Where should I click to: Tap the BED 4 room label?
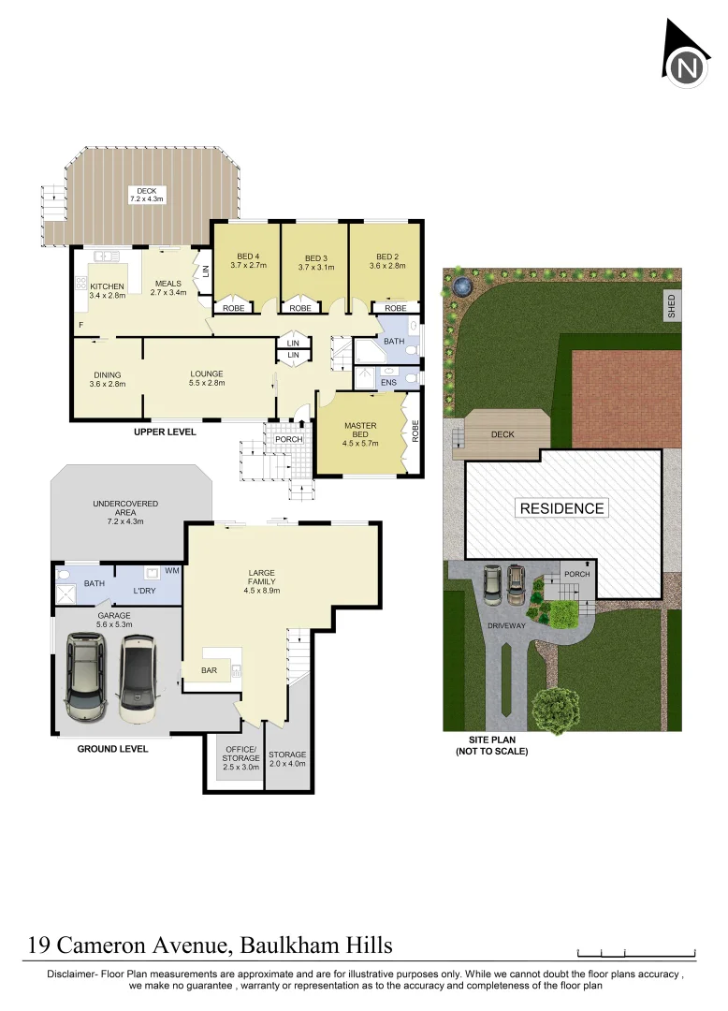[x=246, y=260]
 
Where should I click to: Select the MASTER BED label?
[x=360, y=432]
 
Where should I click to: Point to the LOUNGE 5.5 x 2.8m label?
[x=207, y=378]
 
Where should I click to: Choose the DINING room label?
[x=107, y=379]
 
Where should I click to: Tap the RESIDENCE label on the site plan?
[x=562, y=508]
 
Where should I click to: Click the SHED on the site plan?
[x=671, y=306]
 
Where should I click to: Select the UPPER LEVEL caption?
[x=165, y=432]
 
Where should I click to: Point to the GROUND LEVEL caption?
[x=112, y=749]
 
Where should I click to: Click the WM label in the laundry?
[x=171, y=570]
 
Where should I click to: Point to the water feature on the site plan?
[x=459, y=285]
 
